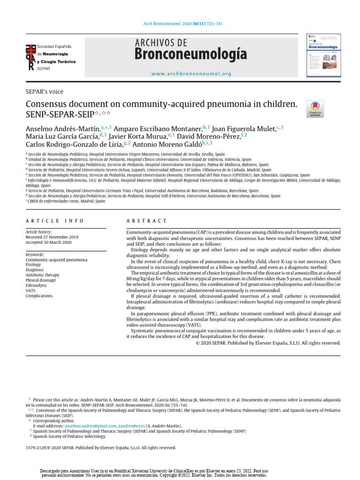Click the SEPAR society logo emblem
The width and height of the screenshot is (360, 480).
click(30, 58)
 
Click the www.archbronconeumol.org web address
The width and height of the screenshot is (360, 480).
click(191, 74)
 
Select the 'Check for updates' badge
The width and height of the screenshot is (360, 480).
click(315, 109)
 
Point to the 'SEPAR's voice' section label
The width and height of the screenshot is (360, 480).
click(45, 91)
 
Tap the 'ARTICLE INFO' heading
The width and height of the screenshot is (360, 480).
click(55, 221)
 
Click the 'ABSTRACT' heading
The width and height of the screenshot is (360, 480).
click(147, 221)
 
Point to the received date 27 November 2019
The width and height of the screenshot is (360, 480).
click(52, 237)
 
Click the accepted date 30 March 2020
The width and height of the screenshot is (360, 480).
click(49, 243)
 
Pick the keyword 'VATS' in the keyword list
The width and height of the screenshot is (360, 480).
click(31, 291)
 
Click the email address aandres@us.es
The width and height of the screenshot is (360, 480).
click(132, 426)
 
